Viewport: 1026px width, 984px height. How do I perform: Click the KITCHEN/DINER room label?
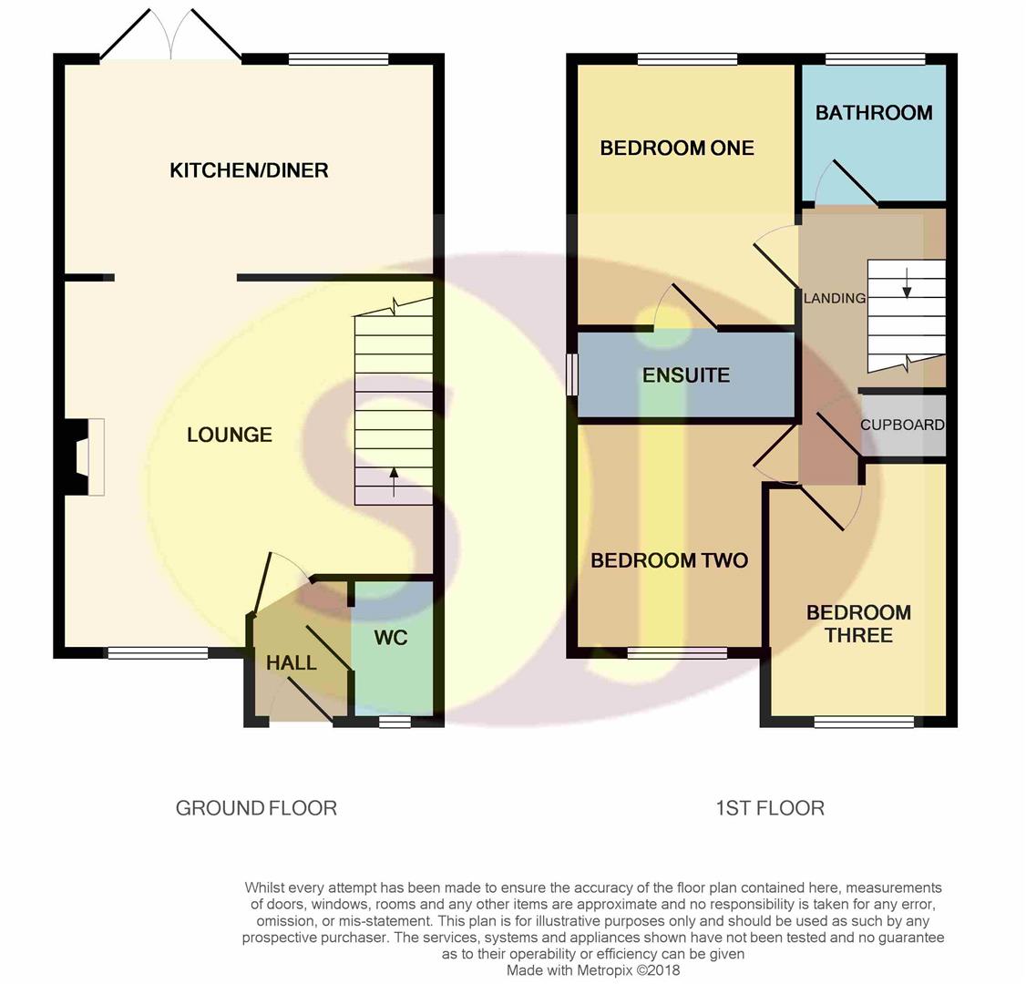click(x=249, y=170)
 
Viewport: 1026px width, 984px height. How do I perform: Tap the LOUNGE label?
click(x=229, y=435)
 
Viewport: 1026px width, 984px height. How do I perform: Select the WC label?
click(x=391, y=637)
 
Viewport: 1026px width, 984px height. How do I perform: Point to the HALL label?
click(x=292, y=662)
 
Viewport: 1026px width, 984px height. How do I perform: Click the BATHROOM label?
click(x=874, y=113)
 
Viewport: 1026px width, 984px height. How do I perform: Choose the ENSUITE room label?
click(x=686, y=374)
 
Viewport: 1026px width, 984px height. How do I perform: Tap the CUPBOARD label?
click(x=902, y=425)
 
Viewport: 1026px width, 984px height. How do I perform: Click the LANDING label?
click(x=835, y=298)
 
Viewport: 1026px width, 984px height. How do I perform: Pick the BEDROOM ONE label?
click(x=677, y=148)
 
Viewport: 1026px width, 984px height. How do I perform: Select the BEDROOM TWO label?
click(x=670, y=560)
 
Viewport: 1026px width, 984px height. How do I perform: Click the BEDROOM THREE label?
click(x=858, y=623)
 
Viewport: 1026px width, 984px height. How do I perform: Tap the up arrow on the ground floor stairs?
click(x=394, y=482)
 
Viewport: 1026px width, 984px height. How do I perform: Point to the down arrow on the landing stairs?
click(x=907, y=282)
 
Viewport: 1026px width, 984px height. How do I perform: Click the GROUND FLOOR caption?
click(x=256, y=809)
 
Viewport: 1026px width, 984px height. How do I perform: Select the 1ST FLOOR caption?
click(x=770, y=809)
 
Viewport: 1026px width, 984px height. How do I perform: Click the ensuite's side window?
click(x=572, y=374)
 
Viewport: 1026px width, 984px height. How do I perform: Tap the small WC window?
click(x=395, y=722)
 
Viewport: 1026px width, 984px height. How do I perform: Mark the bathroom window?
click(x=876, y=59)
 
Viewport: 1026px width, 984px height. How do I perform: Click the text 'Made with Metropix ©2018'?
click(x=593, y=970)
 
